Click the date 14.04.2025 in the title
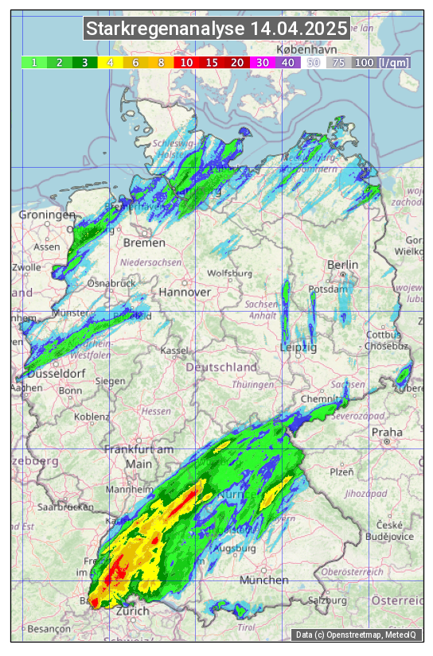coord(298,29)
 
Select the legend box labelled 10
coord(186,62)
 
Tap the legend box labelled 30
coord(263,62)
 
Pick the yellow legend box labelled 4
coord(110,62)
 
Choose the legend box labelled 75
coord(339,62)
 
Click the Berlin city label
coord(343,265)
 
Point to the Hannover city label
coord(185,292)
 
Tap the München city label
coord(263,580)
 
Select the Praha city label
coord(387,433)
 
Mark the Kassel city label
coord(174,351)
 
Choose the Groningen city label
coord(47,215)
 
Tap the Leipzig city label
coord(298,347)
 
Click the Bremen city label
coord(144,243)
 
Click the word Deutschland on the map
coord(221,367)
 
